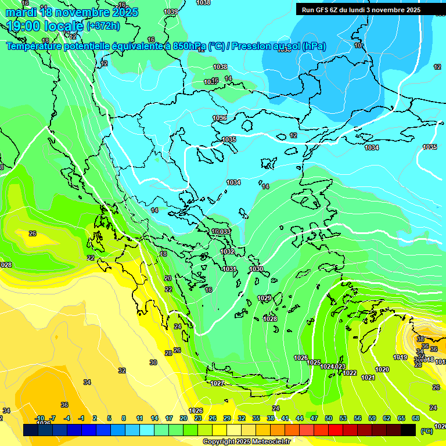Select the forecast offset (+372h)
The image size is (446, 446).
103,26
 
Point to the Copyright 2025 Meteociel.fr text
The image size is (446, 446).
246,442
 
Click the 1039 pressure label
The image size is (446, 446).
171,12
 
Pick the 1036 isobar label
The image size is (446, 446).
220,118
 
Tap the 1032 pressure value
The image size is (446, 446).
228,251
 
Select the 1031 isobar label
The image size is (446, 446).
229,269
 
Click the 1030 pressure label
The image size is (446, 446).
256,269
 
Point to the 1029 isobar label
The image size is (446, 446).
264,298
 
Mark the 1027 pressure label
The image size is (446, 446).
217,383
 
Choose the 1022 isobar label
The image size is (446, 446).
350,373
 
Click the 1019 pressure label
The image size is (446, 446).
400,357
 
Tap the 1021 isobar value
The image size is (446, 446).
368,377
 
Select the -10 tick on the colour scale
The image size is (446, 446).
39,418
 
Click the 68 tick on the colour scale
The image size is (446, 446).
416,418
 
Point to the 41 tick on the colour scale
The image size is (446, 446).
285,418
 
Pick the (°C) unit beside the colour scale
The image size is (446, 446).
426,431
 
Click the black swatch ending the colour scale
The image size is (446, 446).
408,430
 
